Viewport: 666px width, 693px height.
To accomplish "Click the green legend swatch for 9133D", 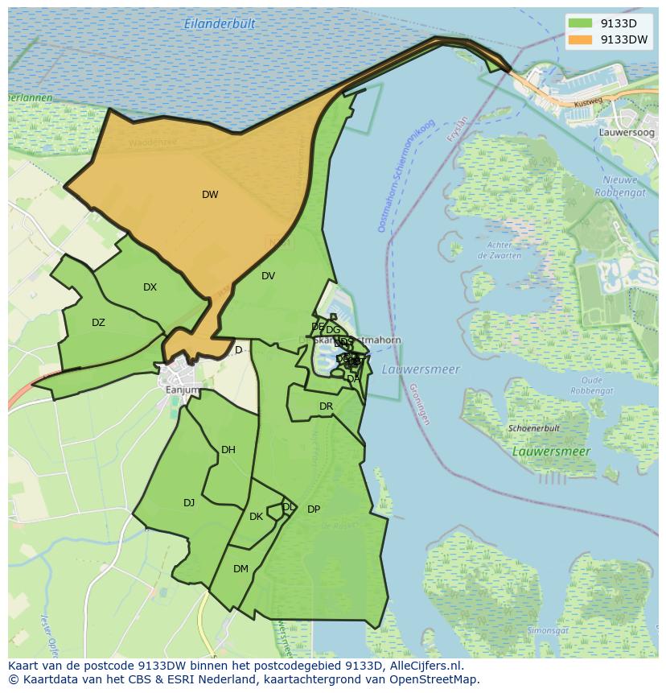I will click(x=579, y=23).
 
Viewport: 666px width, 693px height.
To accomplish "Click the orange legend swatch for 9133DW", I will click(x=579, y=39).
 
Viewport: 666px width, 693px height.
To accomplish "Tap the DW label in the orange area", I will click(x=210, y=195).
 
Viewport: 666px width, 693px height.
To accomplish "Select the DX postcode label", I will click(x=150, y=287).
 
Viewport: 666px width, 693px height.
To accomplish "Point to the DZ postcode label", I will click(x=98, y=323).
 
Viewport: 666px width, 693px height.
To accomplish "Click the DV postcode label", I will click(x=269, y=276).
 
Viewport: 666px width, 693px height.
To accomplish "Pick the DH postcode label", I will click(x=228, y=450).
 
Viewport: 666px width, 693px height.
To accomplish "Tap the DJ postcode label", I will click(x=189, y=503).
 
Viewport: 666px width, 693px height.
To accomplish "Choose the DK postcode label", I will click(x=256, y=517).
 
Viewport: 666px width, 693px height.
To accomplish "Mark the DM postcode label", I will click(x=240, y=569).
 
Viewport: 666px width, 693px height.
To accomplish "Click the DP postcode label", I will click(x=314, y=509).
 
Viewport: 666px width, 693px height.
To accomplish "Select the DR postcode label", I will click(x=326, y=406).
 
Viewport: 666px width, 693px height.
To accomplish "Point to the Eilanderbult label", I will click(x=220, y=24).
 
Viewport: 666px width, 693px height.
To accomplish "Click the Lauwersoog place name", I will click(x=627, y=132).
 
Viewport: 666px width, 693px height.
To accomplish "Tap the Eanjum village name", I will click(x=182, y=390).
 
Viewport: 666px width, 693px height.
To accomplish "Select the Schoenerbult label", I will click(x=534, y=429).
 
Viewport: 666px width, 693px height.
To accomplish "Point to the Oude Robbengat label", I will click(x=592, y=386).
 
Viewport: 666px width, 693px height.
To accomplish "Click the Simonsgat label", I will click(x=548, y=630).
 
